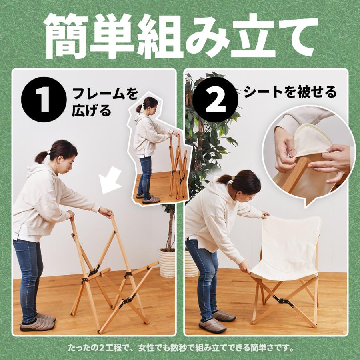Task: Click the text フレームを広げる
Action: pos(105,102)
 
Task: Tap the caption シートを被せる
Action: pos(290,93)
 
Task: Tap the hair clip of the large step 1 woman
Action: pos(48,152)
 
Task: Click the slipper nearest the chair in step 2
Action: pos(224,316)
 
